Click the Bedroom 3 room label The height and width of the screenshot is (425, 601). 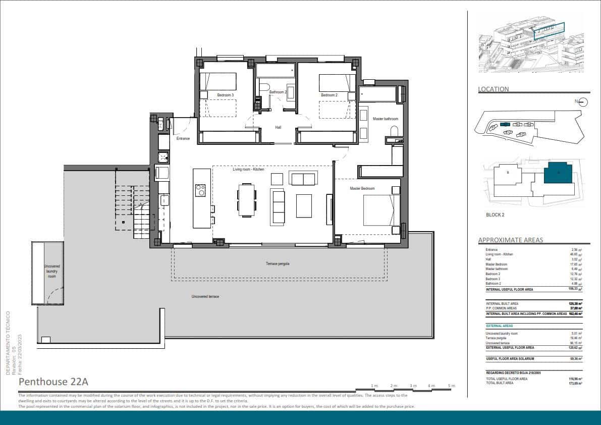(x=226, y=95)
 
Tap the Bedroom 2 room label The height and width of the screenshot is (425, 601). (x=329, y=95)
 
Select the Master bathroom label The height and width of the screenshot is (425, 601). (x=386, y=119)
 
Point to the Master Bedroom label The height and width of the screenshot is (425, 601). (x=362, y=188)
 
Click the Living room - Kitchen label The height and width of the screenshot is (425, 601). (x=248, y=170)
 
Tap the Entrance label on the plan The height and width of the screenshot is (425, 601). (x=183, y=138)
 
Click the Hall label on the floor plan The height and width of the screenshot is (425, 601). (x=278, y=128)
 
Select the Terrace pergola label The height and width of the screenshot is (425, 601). (x=278, y=263)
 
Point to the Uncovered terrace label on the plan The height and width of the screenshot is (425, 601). (x=205, y=296)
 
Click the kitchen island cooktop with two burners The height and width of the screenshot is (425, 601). (x=200, y=190)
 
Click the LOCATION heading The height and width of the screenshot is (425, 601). (x=494, y=89)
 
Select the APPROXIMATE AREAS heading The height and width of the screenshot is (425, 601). (x=511, y=240)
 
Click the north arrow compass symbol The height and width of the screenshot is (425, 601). (x=583, y=102)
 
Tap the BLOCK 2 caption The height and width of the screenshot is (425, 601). (x=495, y=215)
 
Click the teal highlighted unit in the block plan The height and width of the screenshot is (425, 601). (x=558, y=173)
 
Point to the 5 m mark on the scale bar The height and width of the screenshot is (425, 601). (x=451, y=386)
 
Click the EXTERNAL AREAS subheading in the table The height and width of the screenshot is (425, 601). (x=499, y=326)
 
